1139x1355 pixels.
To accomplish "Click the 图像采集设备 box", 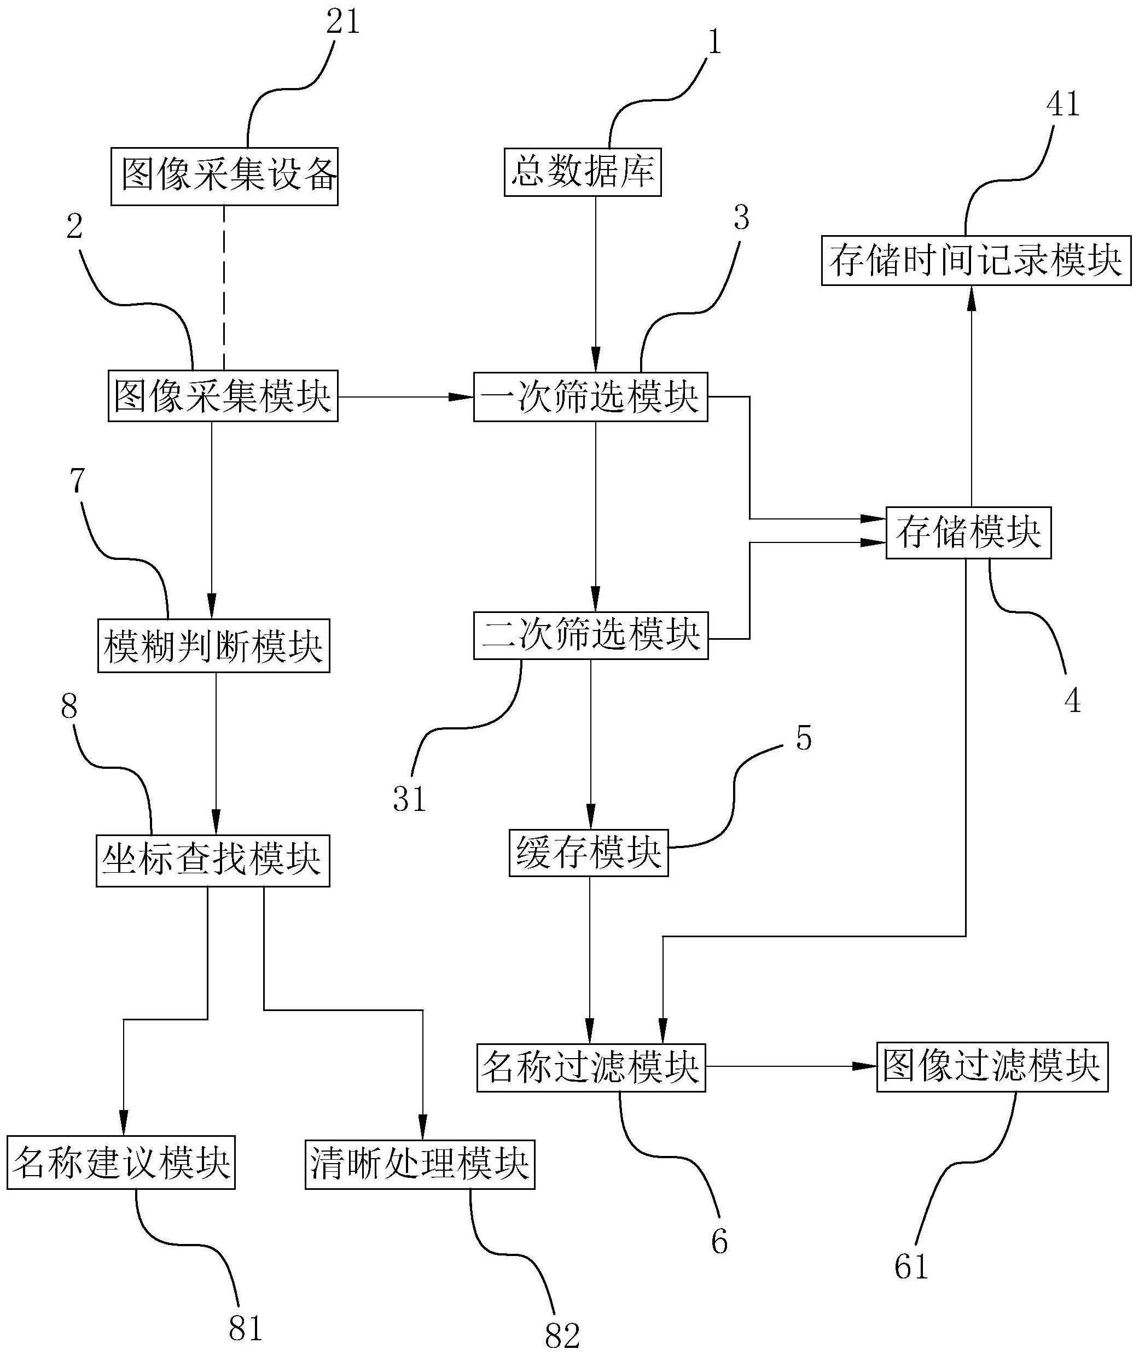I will click(224, 177).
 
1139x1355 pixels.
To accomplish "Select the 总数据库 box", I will click(583, 172).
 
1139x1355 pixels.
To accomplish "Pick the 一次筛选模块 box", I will click(590, 397).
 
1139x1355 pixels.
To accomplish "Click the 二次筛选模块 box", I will click(590, 635).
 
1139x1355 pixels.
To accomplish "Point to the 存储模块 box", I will click(968, 533).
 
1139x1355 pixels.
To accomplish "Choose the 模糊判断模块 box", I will click(214, 646).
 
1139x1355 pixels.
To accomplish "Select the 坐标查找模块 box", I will click(213, 861).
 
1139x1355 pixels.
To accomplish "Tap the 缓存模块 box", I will click(588, 852).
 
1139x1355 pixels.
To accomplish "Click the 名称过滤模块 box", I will click(591, 1067).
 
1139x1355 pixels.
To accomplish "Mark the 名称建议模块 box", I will click(121, 1162).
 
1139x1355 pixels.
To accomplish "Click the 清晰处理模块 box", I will click(420, 1162).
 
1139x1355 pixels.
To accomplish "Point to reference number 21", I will click(343, 22).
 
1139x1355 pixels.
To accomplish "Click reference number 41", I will click(1063, 104).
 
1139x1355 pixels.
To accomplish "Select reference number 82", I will click(562, 1334).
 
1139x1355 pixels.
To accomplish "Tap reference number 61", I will click(911, 1266).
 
